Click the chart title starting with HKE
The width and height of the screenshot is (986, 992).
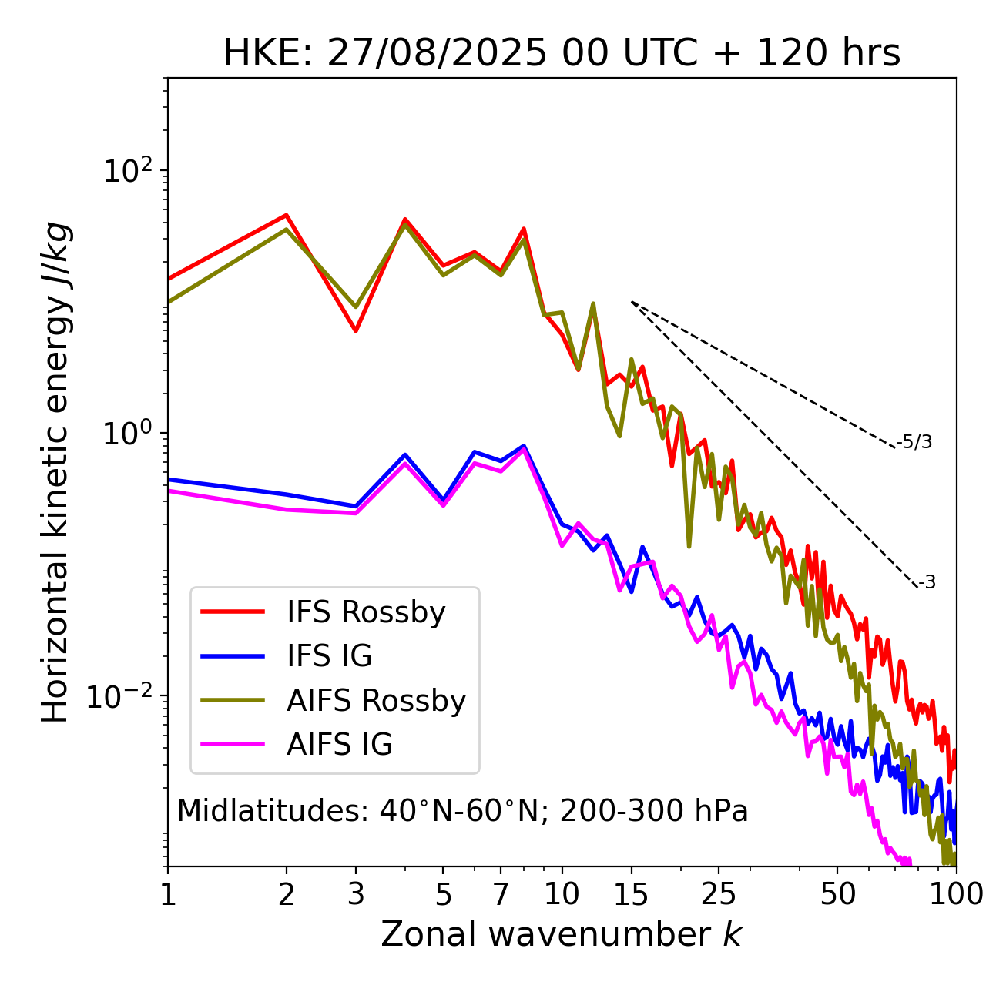tap(562, 54)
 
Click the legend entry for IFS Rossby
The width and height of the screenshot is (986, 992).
tap(366, 612)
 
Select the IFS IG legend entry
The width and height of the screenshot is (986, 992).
tap(329, 656)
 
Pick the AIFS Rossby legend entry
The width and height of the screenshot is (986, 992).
tap(376, 701)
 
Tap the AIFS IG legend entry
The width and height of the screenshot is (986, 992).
tap(340, 745)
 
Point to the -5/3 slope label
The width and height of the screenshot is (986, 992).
tap(914, 442)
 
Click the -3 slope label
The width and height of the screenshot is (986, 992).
tap(927, 583)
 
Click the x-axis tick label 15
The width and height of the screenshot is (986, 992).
tap(631, 894)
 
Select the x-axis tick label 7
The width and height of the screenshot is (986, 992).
tap(501, 894)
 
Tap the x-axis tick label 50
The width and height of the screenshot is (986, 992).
tap(837, 894)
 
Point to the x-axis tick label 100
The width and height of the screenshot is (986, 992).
tap(955, 894)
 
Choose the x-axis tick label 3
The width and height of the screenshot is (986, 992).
tap(356, 894)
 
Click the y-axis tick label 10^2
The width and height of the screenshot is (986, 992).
tap(127, 171)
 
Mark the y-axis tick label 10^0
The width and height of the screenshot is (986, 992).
tap(127, 434)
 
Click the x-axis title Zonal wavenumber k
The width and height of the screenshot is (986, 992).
tap(562, 934)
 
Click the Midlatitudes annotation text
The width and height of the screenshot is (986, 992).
tap(462, 811)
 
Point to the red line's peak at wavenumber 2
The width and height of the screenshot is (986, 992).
tap(287, 215)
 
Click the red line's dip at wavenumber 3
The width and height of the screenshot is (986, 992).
tap(356, 331)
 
